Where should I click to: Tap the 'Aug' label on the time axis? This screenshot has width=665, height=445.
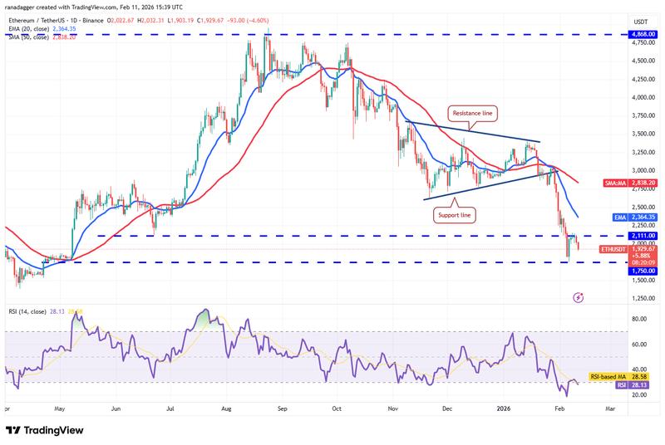pos(227,409)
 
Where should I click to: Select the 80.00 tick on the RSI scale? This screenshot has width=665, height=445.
pos(639,319)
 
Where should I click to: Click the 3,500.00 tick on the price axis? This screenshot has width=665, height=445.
pos(641,134)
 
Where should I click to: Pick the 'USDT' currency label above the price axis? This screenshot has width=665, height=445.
pos(641,21)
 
